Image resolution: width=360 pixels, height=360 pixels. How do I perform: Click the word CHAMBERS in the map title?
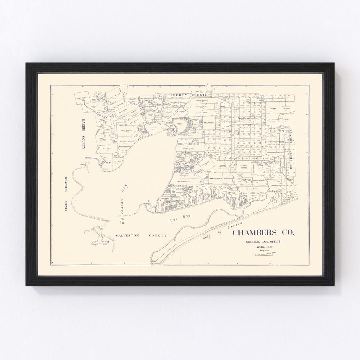pos(257,233)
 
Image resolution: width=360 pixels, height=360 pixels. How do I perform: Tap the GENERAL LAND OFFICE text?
pos(263,241)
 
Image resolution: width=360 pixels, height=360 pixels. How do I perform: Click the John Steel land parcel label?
pos(106,149)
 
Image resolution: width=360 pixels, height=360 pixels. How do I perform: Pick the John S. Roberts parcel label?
pos(183,182)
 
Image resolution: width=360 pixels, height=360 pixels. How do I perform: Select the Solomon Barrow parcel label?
pos(127,142)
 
